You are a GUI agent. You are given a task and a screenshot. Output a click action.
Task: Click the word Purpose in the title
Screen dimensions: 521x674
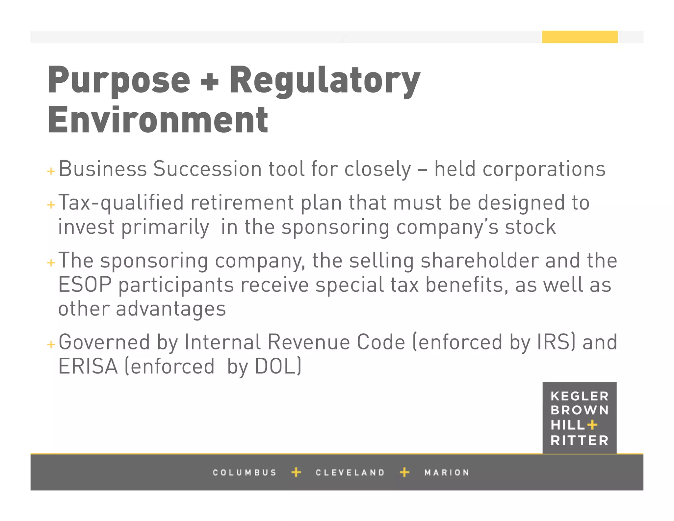click(x=119, y=80)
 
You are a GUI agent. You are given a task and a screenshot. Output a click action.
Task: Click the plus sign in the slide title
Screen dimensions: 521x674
click(x=210, y=82)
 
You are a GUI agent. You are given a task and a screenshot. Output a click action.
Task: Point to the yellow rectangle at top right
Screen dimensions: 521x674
click(x=580, y=37)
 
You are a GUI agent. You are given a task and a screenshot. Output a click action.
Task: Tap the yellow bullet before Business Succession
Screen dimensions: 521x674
click(x=51, y=171)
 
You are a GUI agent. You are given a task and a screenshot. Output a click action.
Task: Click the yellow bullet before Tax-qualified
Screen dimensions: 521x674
click(x=51, y=205)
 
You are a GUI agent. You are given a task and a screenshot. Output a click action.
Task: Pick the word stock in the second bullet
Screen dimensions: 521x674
click(x=530, y=227)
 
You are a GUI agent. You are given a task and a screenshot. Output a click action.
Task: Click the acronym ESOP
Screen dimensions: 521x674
click(x=85, y=285)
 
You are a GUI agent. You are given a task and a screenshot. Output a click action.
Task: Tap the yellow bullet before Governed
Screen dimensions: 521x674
click(x=51, y=344)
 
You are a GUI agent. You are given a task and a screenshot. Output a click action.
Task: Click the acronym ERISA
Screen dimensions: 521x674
click(x=88, y=366)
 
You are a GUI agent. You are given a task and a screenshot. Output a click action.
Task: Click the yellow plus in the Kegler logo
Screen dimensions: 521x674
click(x=592, y=425)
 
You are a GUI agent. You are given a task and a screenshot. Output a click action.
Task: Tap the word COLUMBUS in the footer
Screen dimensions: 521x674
click(x=245, y=473)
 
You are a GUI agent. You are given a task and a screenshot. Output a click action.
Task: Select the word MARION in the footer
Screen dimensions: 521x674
click(x=447, y=473)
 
